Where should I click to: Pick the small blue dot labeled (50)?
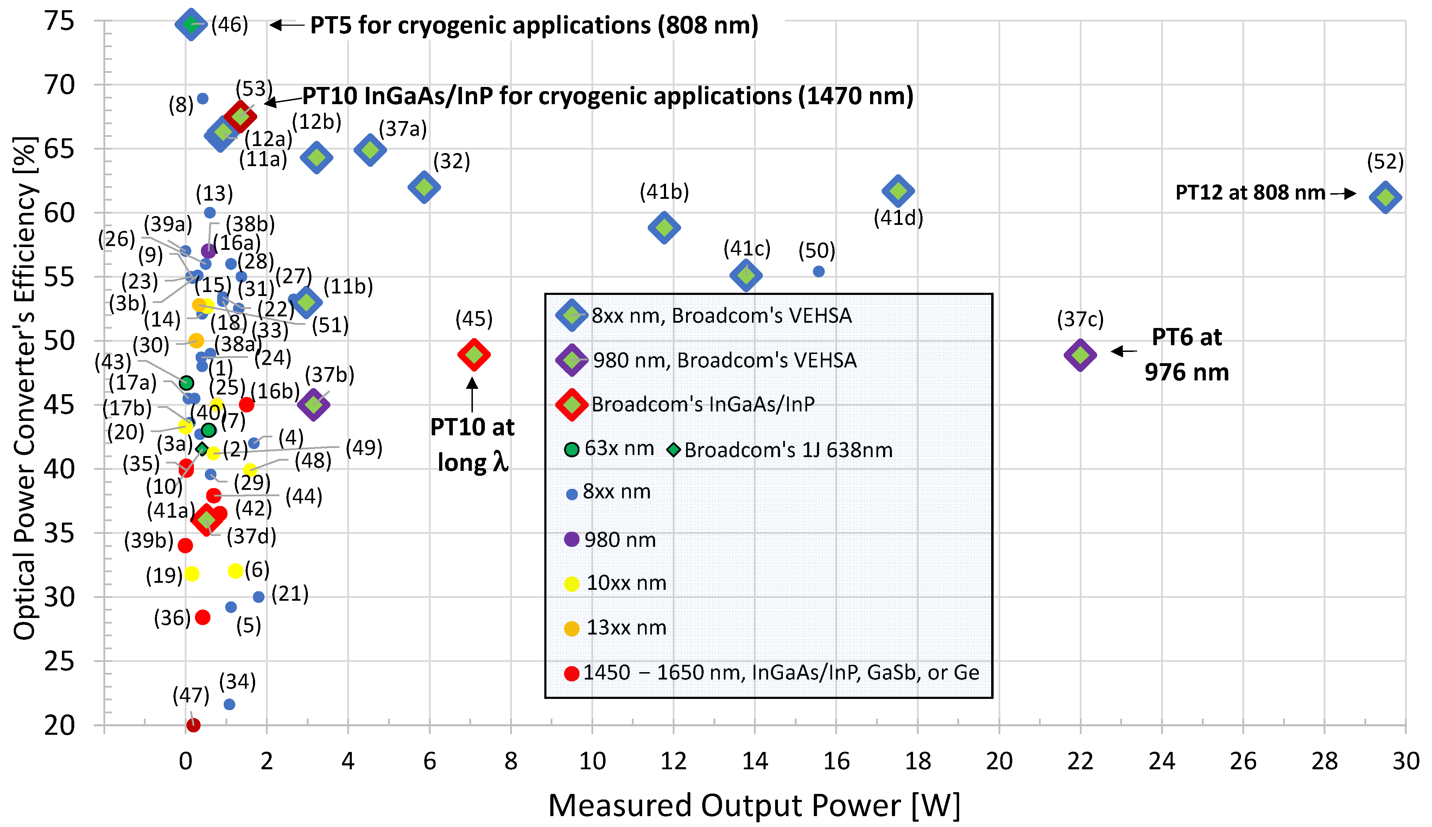[x=818, y=271]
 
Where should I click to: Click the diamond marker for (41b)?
[x=664, y=228]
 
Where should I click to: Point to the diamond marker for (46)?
[x=190, y=24]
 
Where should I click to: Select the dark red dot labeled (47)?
[x=193, y=725]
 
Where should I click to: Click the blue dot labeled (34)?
[x=229, y=704]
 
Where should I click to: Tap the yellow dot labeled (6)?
[x=235, y=571]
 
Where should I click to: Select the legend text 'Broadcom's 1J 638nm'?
[x=788, y=450]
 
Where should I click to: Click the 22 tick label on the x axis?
[x=1080, y=761]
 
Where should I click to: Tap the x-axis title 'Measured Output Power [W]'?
[x=754, y=805]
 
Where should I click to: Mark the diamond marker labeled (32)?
[x=424, y=187]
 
